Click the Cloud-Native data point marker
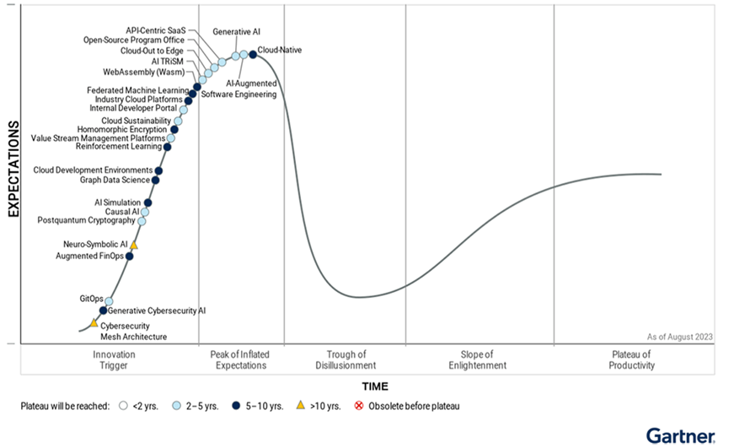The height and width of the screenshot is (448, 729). pos(253,56)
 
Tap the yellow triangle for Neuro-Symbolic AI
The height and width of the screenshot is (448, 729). pos(133,246)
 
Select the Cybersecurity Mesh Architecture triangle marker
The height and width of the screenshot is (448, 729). pos(94,322)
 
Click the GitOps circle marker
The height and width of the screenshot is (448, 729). pos(109,301)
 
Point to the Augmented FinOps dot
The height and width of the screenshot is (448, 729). pos(129,256)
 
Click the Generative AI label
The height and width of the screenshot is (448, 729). pos(236,32)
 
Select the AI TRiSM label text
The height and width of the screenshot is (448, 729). pos(168,62)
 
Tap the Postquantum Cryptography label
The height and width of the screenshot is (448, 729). pos(86,221)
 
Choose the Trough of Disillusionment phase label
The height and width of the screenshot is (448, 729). pos(346,360)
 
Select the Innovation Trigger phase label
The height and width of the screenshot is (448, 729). pos(115,360)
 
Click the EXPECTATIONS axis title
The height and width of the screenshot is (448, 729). pos(14,170)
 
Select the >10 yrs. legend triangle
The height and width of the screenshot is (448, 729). pos(301,406)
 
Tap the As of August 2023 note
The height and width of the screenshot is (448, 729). pos(680,337)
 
